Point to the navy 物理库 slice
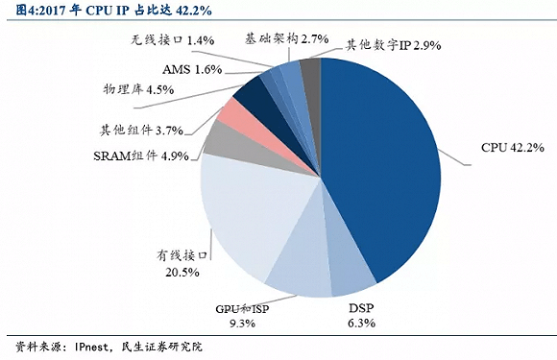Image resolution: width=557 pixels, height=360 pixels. (254, 94)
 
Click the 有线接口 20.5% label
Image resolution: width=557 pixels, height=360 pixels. (182, 264)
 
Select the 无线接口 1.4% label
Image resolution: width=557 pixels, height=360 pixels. (172, 42)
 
